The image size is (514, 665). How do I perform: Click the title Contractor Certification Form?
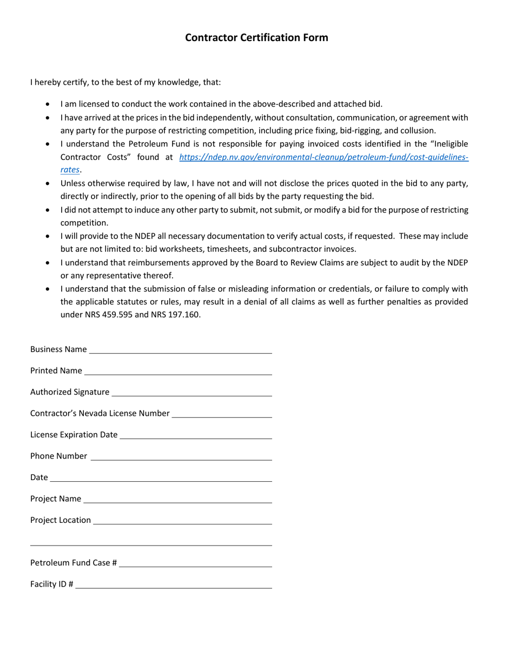pyautogui.click(x=256, y=37)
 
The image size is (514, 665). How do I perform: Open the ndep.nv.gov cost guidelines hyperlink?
pyautogui.click(x=323, y=157)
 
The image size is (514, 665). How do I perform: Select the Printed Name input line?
pyautogui.click(x=178, y=371)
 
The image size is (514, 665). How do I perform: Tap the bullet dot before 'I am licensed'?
pyautogui.click(x=49, y=104)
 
